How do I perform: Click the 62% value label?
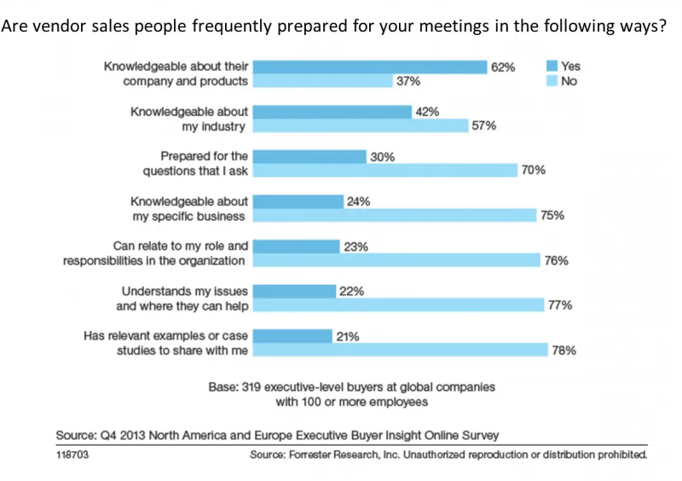503,67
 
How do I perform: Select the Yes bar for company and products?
370,67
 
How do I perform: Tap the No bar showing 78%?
401,349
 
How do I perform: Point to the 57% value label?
483,126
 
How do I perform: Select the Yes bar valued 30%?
309,156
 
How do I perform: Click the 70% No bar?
385,171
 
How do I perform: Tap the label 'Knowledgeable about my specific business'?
188,209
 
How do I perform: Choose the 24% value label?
357,202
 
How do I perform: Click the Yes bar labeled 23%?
297,246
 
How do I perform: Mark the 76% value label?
556,261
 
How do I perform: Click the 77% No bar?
399,304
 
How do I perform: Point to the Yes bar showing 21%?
292,336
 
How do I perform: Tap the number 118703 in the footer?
72,455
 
